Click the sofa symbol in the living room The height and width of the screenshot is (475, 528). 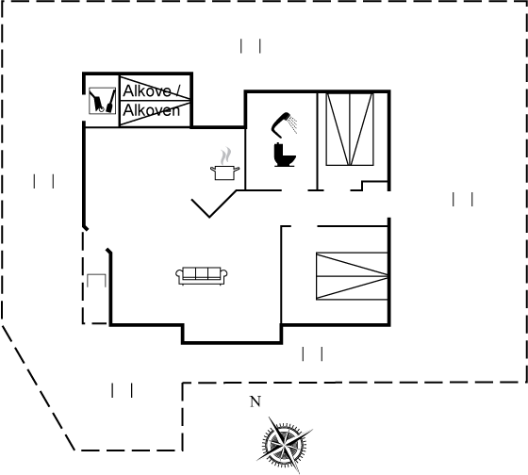202,276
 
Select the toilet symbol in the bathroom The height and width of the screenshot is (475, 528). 285,155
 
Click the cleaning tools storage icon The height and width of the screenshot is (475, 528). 103,101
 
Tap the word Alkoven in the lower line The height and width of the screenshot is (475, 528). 151,110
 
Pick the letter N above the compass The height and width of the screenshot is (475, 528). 256,401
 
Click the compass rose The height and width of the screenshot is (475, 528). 285,445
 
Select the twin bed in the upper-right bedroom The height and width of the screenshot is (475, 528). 350,129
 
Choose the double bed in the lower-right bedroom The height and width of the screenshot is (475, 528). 352,276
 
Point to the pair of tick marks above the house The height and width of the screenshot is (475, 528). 251,46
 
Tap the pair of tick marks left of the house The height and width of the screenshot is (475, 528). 43,181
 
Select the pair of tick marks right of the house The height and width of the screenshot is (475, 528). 463,199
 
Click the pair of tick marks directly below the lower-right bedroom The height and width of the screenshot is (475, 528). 312,353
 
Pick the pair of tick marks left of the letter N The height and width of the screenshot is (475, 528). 122,390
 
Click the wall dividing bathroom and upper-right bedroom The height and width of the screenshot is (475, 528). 317,141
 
